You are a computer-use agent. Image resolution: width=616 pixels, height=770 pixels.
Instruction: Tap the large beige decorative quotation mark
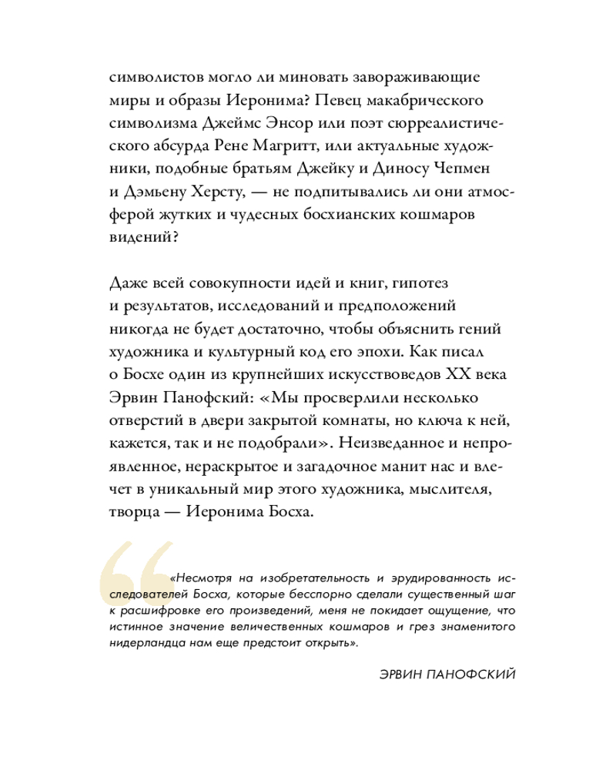pos(133,577)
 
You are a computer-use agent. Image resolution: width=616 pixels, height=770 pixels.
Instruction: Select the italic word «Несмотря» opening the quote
pos(202,577)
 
